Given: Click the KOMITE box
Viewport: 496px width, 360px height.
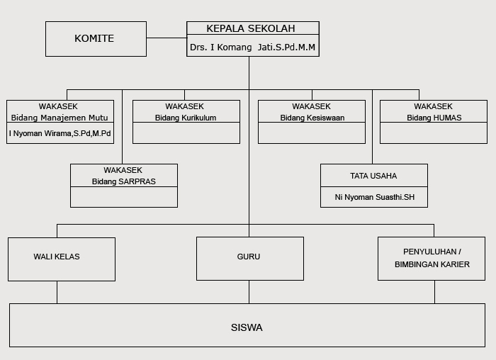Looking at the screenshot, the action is pos(96,39).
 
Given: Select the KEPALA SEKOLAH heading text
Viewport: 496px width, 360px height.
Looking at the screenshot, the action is pos(251,28).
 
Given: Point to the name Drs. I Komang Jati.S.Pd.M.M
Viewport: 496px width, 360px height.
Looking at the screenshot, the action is pos(252,47).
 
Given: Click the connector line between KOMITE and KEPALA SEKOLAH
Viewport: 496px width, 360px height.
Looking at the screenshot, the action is pos(167,38).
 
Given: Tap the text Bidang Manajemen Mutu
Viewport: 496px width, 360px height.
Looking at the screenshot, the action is pos(60,118).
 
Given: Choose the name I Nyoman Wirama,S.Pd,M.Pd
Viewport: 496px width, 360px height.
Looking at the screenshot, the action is pos(60,133).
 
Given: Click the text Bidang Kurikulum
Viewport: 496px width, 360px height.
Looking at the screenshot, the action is pos(186,118).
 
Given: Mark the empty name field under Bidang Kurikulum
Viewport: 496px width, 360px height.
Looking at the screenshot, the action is pos(186,133).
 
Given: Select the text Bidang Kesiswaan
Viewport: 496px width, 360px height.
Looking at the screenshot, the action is pos(312,118).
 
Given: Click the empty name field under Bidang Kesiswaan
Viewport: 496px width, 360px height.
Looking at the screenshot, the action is pos(312,133).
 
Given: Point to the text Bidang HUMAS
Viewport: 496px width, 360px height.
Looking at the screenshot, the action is pos(434,118).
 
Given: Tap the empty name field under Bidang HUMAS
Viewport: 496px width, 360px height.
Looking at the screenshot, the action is pos(434,133).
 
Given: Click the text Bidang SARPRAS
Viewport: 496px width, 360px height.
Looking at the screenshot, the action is pos(124,181).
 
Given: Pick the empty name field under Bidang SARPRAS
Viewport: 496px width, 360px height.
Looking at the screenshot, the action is pos(124,197).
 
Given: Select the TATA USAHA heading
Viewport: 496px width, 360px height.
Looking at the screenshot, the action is pos(373,176).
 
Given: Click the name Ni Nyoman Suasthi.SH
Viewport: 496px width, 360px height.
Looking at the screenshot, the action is pos(375,197).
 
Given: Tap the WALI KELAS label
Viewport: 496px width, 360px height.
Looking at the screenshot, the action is pos(57,257).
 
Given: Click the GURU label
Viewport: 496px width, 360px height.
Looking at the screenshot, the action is pos(249,257).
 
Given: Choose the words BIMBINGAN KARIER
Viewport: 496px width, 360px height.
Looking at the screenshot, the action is pos(432,264).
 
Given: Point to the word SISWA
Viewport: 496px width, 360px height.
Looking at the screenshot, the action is pos(247,327).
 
